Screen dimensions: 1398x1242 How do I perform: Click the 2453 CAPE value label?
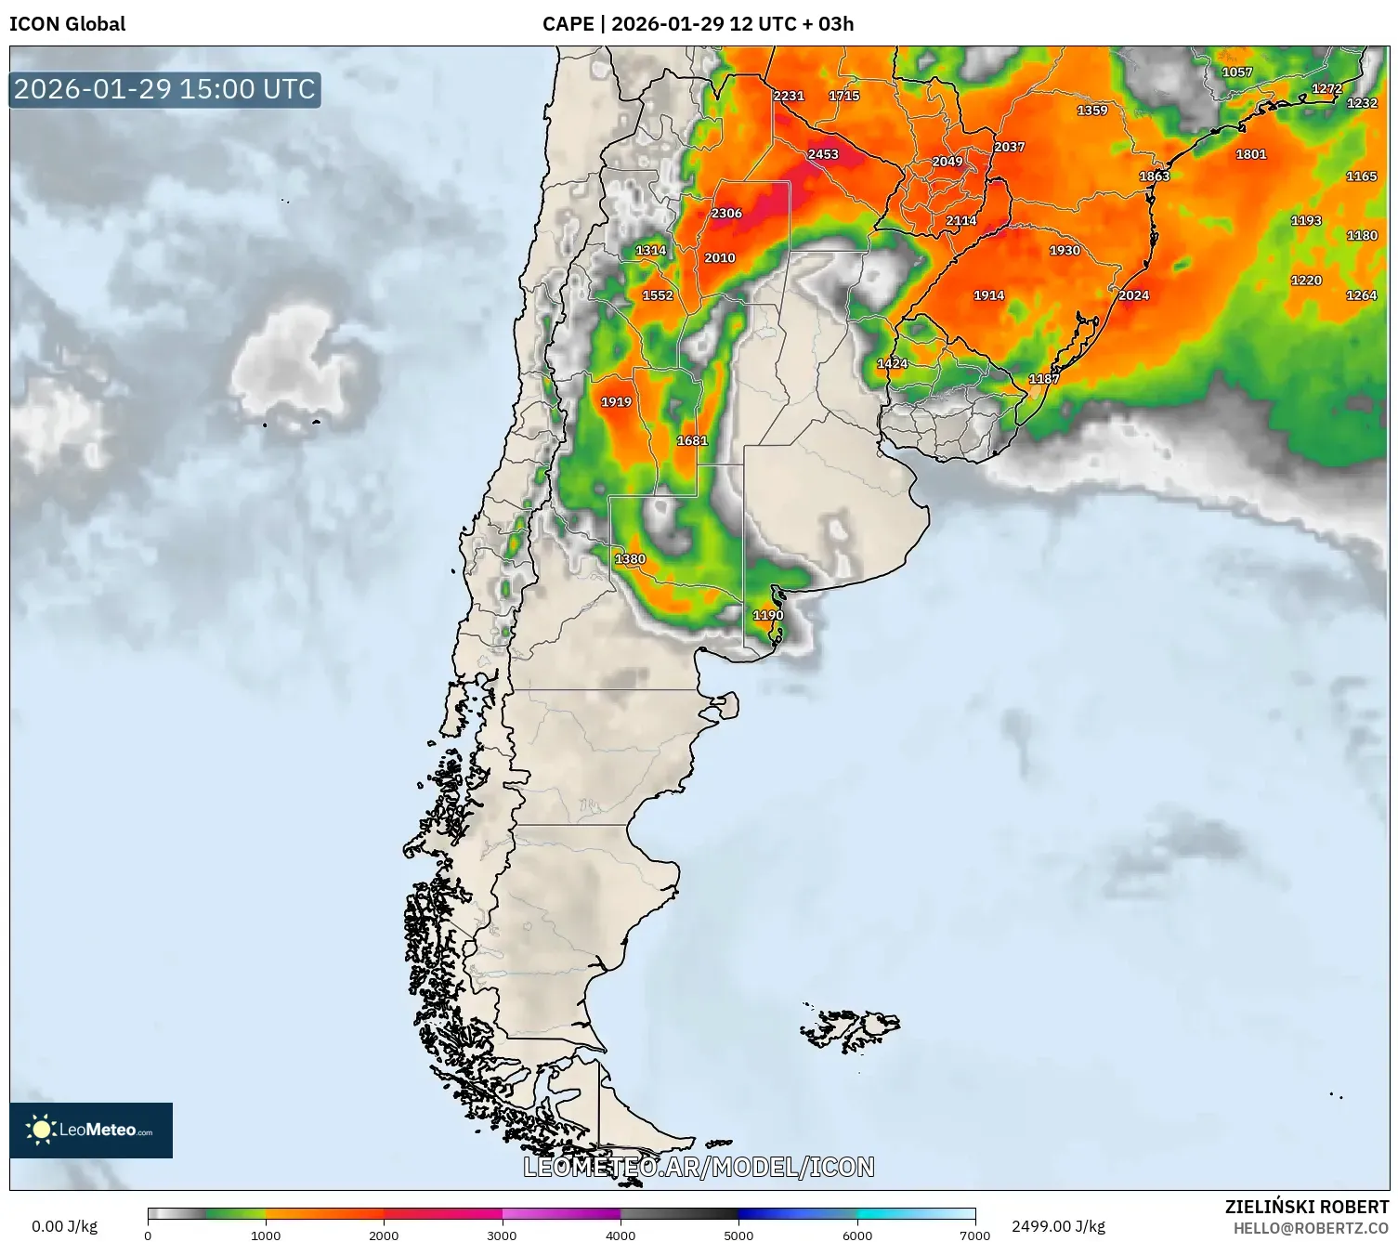[823, 154]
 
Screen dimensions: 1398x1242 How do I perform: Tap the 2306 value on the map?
[726, 214]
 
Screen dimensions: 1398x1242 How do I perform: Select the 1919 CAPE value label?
[616, 402]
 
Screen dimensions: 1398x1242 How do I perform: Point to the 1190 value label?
[768, 615]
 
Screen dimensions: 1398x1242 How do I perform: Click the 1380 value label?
[630, 559]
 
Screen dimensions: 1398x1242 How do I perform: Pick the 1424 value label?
[892, 363]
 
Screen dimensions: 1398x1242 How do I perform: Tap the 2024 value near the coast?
[1133, 295]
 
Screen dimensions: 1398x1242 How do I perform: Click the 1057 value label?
[1236, 72]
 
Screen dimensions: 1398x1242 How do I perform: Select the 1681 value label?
[692, 440]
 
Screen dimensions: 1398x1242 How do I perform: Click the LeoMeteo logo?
[91, 1130]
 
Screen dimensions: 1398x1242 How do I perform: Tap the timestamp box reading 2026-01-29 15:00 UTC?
[164, 89]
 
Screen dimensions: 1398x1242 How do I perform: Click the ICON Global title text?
[67, 24]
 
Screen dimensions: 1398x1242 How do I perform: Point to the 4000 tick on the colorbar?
[621, 1235]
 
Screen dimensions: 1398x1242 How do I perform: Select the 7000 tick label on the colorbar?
[974, 1235]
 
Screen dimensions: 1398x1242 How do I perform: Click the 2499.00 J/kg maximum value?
[1058, 1226]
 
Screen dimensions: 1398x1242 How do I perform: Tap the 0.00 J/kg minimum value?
[64, 1226]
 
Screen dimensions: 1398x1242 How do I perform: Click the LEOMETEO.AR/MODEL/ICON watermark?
[699, 1167]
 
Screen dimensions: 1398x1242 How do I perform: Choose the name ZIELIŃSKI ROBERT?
[1306, 1207]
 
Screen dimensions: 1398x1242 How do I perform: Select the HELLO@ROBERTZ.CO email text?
[1311, 1228]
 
